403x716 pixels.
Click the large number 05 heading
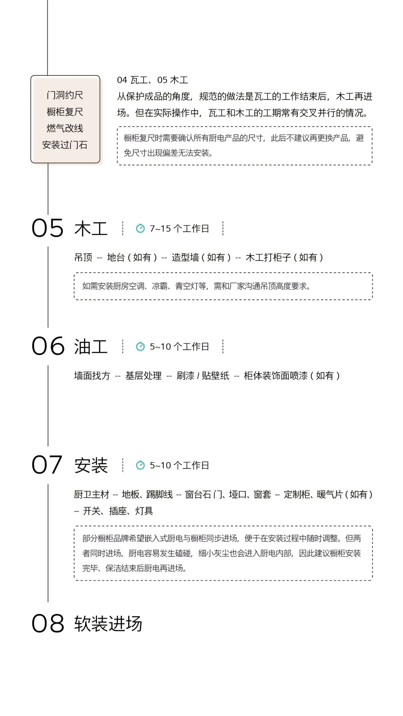coord(48,228)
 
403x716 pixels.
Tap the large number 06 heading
coord(48,346)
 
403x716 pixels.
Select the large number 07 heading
coord(47,465)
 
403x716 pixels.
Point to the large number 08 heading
coord(48,624)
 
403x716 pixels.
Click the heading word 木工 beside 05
coord(91,229)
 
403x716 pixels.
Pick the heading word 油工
coord(91,347)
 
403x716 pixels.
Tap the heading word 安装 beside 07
coord(91,465)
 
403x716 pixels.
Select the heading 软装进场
coord(108,624)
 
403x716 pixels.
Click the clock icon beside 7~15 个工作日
coord(140,228)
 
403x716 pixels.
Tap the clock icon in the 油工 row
coord(140,346)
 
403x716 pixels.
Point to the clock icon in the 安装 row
coord(140,465)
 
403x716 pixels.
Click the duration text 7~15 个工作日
coord(179,229)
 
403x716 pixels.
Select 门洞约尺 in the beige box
coord(65,95)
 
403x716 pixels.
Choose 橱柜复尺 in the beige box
coord(65,112)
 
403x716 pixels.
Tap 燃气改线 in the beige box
coord(65,128)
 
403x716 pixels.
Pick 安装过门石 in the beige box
coord(65,145)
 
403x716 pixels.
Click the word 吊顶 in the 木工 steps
coord(83,257)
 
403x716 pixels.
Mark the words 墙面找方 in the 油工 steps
coord(92,376)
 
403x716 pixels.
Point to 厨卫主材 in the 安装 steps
coord(91,494)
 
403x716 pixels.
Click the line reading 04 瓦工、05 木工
coord(153,80)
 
